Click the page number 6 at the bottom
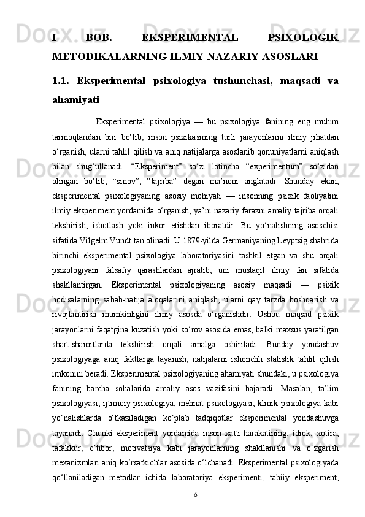coord(194,511)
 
